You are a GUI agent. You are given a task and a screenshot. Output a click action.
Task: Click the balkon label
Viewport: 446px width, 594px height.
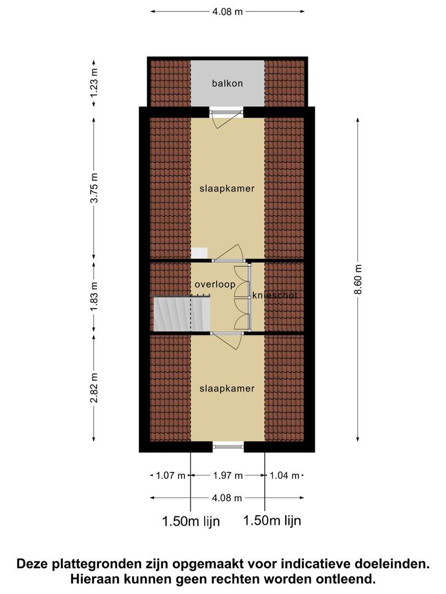coord(227,84)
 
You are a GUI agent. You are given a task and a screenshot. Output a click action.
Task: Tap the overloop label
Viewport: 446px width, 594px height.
coord(215,284)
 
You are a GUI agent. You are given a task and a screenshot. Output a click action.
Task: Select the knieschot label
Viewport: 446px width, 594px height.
coord(275,295)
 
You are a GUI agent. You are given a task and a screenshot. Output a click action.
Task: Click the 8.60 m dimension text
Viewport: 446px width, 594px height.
coord(359,279)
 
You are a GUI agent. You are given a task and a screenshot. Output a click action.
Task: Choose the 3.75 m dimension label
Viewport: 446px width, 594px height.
coord(94,188)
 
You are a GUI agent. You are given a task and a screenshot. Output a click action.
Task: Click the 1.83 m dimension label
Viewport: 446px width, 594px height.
coord(94,296)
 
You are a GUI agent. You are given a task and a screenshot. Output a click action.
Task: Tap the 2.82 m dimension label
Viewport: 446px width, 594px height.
coord(94,388)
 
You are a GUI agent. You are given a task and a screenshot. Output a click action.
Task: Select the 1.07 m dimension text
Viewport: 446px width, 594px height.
coord(171,475)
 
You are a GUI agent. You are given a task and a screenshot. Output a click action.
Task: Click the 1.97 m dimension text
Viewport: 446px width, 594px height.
coord(227,475)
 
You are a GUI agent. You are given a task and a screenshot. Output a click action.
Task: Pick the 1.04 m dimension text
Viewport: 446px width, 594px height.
coord(285,475)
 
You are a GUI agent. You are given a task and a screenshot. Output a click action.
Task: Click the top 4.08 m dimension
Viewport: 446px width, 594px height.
coord(227,12)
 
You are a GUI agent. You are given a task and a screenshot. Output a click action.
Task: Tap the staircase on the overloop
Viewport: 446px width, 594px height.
coord(182,313)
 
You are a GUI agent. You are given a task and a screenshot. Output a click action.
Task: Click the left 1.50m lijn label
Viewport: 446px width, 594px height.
coord(191,521)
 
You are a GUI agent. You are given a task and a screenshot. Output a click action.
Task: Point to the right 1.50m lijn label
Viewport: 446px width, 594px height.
coord(272,520)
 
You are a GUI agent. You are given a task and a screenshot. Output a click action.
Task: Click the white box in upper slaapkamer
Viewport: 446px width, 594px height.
coord(199,253)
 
